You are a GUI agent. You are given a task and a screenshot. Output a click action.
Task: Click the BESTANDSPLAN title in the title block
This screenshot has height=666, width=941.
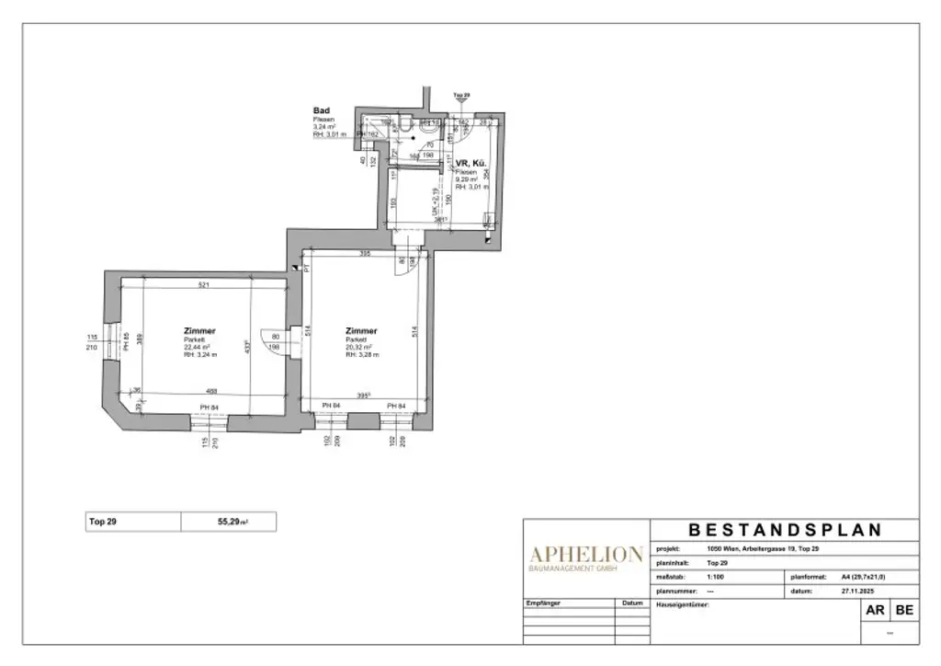coord(785,530)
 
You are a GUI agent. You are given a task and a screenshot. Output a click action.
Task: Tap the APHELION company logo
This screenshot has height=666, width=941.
coord(584,554)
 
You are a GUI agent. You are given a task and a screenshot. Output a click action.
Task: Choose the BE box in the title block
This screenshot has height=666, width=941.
coord(903,610)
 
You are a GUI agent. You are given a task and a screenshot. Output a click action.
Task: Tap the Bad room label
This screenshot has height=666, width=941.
coord(321,110)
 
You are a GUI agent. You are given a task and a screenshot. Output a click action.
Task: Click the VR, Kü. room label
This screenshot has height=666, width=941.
coord(472,164)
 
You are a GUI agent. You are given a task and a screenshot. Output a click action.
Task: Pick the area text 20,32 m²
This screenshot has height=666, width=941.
coord(360,347)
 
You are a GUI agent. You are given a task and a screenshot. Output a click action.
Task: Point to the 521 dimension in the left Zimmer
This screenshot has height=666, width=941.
coord(203,285)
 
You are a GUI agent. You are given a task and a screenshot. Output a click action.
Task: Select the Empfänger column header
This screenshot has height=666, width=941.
coord(543,603)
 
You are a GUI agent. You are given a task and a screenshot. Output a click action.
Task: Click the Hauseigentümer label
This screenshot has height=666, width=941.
coord(683,604)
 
